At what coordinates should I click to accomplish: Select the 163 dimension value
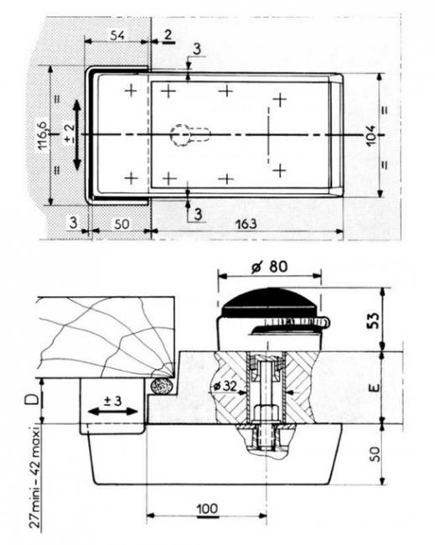coord(246,224)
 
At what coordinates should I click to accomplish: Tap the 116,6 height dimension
coord(43,135)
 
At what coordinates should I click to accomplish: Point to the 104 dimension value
coord(370,136)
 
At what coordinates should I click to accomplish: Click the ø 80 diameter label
coord(270,267)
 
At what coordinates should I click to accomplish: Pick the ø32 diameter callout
coord(225,386)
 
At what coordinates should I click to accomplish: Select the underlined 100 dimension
coord(208,509)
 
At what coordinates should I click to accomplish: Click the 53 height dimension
coord(373,321)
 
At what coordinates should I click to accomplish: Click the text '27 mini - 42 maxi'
coord(35,478)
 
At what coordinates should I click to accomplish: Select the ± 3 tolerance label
coord(113,401)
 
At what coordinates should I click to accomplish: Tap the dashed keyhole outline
coord(189,135)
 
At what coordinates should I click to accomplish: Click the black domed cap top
coord(270,302)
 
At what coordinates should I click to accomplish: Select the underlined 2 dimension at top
coord(168,35)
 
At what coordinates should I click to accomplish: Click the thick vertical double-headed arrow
coord(77,135)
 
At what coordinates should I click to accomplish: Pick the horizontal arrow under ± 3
coord(113,412)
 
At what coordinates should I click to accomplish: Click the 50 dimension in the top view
coord(122,224)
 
